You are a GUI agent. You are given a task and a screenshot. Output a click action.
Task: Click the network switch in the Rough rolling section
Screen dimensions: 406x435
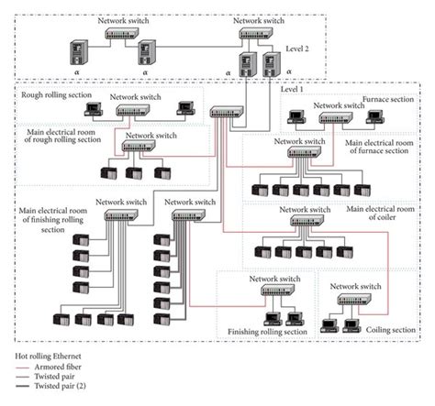135,109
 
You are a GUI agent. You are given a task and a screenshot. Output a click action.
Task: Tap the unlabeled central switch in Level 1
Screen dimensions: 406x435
224,114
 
